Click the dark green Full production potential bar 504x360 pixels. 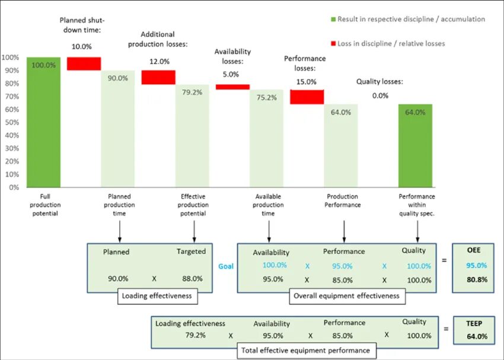43,122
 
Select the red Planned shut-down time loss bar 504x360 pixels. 84,63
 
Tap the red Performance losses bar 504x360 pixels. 307,97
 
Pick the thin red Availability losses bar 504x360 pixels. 232,87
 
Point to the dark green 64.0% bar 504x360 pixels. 415,145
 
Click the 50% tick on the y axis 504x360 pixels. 11,122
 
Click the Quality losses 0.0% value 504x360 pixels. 380,95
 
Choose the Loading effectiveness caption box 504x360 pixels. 157,295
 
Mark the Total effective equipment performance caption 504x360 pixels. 305,351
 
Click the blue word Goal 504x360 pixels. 226,266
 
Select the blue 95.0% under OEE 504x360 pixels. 476,266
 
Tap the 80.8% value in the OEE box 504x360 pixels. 476,279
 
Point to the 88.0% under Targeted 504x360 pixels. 192,278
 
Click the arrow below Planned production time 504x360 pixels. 120,230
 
